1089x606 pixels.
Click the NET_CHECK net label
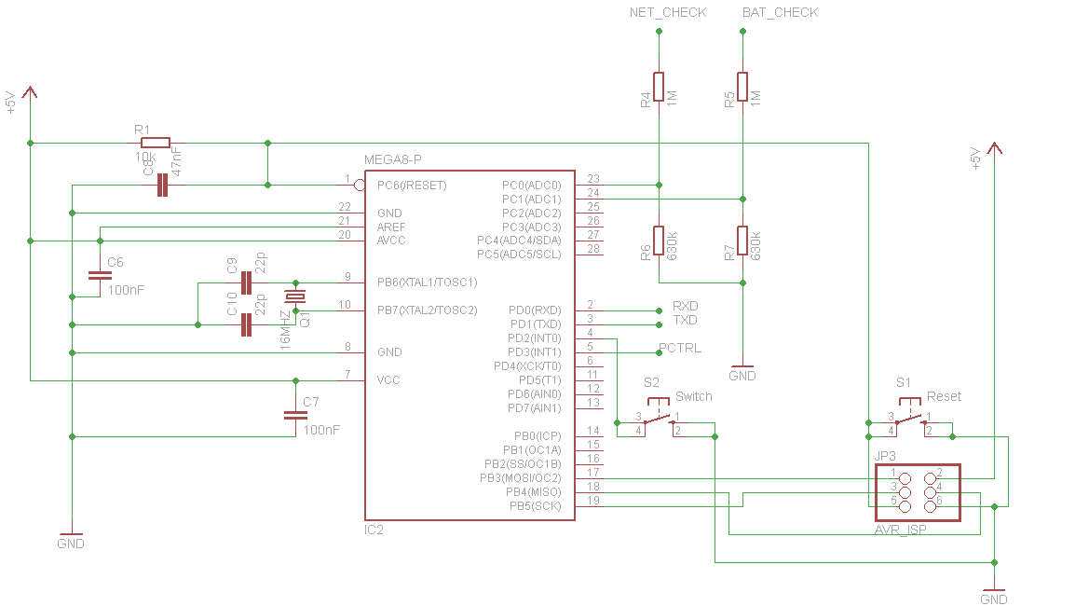click(x=668, y=13)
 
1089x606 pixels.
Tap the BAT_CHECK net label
click(x=780, y=13)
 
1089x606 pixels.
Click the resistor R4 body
click(x=659, y=87)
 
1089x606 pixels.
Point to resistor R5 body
click(x=742, y=87)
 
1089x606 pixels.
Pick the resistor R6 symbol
click(x=659, y=241)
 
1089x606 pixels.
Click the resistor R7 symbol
click(x=742, y=241)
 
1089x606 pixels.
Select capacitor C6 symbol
click(x=100, y=276)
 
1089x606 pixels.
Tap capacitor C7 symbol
click(x=296, y=415)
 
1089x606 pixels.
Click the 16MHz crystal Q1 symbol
click(x=295, y=297)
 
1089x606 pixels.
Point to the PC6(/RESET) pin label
click(x=412, y=186)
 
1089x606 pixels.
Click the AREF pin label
click(x=391, y=227)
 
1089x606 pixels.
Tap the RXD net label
click(x=685, y=306)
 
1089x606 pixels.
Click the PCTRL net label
click(x=680, y=348)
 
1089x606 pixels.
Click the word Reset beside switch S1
click(x=944, y=396)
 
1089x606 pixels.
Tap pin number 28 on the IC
click(x=593, y=249)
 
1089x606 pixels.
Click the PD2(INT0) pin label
click(x=534, y=337)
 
